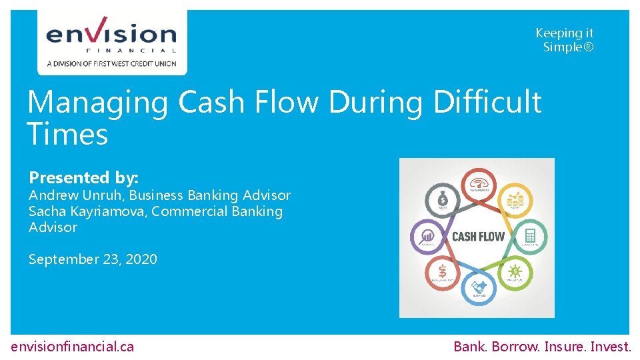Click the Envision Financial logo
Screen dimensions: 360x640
click(111, 41)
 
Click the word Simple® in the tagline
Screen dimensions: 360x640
click(567, 47)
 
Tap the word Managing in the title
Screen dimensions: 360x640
click(97, 103)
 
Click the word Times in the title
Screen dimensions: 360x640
click(67, 134)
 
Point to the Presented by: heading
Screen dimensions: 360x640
click(83, 177)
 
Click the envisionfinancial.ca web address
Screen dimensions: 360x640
click(73, 346)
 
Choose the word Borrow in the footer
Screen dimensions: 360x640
click(514, 346)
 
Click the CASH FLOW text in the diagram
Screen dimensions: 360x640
click(478, 237)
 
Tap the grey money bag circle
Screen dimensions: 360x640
click(441, 199)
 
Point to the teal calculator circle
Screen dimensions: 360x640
click(530, 235)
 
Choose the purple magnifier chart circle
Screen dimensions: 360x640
click(426, 236)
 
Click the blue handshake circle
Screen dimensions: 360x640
click(479, 288)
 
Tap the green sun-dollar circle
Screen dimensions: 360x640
click(515, 273)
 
